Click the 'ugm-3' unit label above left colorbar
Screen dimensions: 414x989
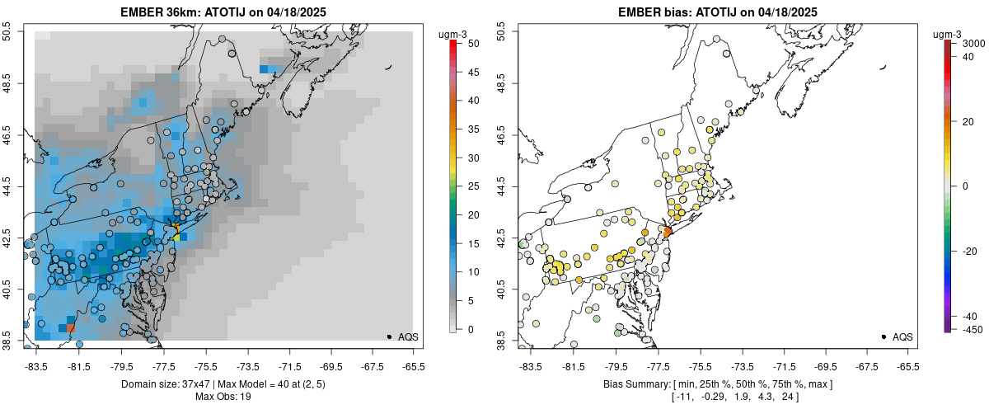(452, 35)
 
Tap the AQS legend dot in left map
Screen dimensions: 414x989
(389, 336)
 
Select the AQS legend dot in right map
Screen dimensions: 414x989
(884, 336)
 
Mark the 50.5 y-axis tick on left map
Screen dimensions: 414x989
(12, 32)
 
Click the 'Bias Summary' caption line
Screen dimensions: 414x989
(717, 385)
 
